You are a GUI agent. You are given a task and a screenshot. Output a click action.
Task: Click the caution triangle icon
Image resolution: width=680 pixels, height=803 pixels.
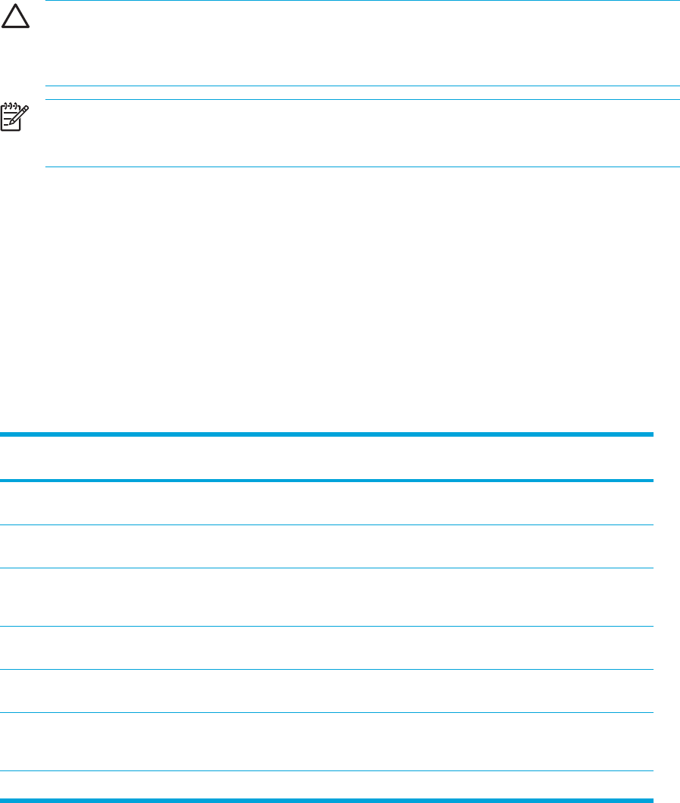click(x=14, y=19)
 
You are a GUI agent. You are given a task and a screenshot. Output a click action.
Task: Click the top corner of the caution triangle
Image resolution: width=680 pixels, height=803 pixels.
click(x=14, y=9)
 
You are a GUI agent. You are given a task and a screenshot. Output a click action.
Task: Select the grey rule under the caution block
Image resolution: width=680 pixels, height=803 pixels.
click(x=363, y=86)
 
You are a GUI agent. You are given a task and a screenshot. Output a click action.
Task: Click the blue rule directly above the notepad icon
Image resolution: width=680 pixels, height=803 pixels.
click(x=363, y=99)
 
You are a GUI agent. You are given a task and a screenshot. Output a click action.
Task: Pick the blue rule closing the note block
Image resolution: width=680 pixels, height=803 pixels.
click(x=363, y=167)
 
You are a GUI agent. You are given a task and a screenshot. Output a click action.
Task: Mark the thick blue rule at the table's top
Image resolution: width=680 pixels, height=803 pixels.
click(x=327, y=434)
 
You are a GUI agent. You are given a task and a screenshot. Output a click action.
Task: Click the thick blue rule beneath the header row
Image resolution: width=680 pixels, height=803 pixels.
click(x=327, y=480)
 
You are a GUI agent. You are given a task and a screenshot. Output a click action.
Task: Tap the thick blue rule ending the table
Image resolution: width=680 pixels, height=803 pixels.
click(x=327, y=799)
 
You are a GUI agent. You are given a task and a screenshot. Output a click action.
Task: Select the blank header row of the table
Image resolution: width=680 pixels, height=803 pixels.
click(x=327, y=457)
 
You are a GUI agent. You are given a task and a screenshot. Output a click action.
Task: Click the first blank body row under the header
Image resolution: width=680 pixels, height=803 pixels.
click(x=327, y=503)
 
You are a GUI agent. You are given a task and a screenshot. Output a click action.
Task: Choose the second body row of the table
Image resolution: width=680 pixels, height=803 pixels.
click(x=327, y=546)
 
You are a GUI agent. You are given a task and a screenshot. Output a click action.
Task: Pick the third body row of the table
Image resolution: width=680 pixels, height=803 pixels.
click(x=327, y=597)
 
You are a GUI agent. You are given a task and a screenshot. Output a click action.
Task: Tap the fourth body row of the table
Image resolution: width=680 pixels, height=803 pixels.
click(x=327, y=648)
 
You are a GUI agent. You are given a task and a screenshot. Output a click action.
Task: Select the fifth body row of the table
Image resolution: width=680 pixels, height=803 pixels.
click(x=327, y=691)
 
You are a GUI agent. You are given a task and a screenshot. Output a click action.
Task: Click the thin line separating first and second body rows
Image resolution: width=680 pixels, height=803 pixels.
click(x=327, y=524)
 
